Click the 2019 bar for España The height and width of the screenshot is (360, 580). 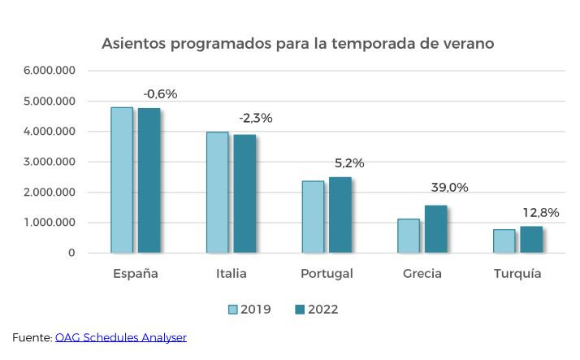122,180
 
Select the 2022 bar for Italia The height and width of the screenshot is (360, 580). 245,193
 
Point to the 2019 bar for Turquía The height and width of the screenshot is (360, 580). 504,241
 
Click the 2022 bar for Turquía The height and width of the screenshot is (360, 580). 530,239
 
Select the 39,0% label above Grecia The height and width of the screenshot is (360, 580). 449,188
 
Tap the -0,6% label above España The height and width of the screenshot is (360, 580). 160,93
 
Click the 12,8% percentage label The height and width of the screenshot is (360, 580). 540,213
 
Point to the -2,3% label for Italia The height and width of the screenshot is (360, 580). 255,118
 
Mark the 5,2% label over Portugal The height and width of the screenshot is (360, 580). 349,163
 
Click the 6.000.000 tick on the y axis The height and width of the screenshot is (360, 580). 50,71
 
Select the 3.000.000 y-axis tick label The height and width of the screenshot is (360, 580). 50,162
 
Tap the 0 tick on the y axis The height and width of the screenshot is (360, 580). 71,253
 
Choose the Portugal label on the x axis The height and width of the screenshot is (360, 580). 327,274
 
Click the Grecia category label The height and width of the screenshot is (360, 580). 422,274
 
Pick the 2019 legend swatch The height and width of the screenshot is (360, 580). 232,310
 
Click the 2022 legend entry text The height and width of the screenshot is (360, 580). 322,310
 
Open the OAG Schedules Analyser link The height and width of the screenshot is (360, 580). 120,336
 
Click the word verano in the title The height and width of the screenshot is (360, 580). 466,42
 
